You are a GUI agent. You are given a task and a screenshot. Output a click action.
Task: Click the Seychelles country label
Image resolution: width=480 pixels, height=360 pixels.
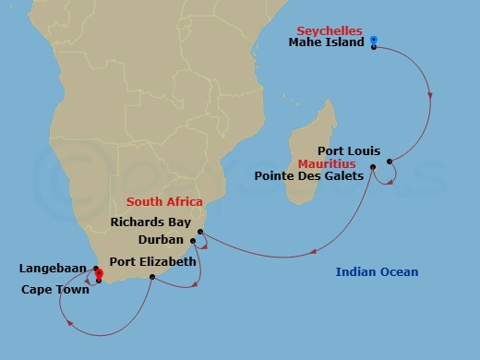click(x=330, y=30)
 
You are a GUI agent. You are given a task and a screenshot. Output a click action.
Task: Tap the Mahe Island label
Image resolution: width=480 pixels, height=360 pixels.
click(x=328, y=42)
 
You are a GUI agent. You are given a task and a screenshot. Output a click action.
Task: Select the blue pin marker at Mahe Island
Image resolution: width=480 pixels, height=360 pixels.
click(x=374, y=40)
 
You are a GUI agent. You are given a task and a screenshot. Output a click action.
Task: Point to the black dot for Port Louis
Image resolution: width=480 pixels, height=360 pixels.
click(x=390, y=162)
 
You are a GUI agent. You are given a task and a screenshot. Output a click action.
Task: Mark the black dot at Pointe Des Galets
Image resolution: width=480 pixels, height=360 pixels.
click(x=373, y=167)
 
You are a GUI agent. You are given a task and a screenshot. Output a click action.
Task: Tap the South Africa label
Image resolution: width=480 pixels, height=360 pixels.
click(x=164, y=201)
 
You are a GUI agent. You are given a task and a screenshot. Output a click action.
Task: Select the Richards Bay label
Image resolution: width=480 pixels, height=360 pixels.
click(x=150, y=222)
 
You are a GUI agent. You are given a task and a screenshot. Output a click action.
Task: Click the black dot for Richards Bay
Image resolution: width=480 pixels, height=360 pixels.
click(x=200, y=232)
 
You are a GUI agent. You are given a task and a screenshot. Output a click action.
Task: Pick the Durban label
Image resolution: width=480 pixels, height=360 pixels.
click(x=161, y=239)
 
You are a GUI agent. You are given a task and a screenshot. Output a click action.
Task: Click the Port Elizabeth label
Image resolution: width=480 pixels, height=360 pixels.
click(x=152, y=262)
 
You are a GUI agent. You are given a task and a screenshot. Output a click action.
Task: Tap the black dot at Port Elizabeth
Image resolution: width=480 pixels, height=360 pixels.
click(x=152, y=276)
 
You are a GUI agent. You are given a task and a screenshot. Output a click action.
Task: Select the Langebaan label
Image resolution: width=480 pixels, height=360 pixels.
click(x=53, y=269)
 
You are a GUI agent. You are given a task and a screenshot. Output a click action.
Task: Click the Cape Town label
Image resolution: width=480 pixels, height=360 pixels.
click(x=55, y=290)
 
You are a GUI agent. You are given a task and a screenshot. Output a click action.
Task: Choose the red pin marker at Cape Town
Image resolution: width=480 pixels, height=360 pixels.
click(x=98, y=274)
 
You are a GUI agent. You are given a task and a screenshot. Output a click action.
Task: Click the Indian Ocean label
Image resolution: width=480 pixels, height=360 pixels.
click(x=377, y=271)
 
